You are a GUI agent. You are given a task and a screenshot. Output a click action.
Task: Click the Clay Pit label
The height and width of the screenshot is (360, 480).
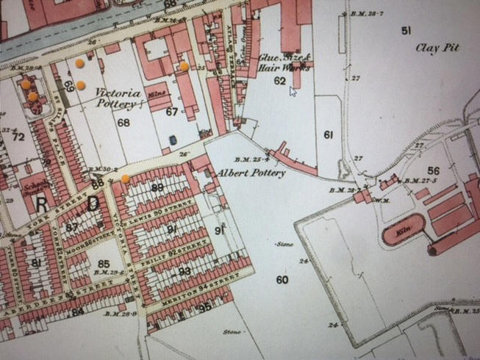click(x=437, y=48)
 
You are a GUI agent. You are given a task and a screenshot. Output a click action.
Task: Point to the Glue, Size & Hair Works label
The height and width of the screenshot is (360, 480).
click(x=281, y=62)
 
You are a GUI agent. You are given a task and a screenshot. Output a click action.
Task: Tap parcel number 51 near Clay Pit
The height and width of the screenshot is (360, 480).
click(x=406, y=29)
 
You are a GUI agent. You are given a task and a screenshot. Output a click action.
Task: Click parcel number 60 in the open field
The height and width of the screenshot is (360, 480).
click(x=282, y=279)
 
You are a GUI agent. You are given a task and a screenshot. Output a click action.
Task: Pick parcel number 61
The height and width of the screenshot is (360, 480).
click(x=328, y=134)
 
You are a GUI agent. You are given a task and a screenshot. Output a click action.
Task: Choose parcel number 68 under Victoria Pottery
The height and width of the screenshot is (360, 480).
click(x=123, y=123)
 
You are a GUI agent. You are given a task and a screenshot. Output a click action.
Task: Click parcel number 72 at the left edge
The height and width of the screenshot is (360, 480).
click(x=18, y=137)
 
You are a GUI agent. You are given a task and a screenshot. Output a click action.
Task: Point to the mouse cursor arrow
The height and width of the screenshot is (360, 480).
click(x=293, y=90)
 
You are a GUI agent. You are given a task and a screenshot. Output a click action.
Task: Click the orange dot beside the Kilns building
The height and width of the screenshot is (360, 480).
click(x=184, y=66)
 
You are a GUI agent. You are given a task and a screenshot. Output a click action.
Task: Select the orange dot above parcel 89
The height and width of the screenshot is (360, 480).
click(x=126, y=178)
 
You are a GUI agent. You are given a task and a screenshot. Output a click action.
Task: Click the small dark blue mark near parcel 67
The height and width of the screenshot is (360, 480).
click(x=172, y=139)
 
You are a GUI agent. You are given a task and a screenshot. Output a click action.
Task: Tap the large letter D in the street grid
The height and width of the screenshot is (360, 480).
click(x=93, y=205)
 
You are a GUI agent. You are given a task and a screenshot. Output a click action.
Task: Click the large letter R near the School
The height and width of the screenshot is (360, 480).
click(x=43, y=205)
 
